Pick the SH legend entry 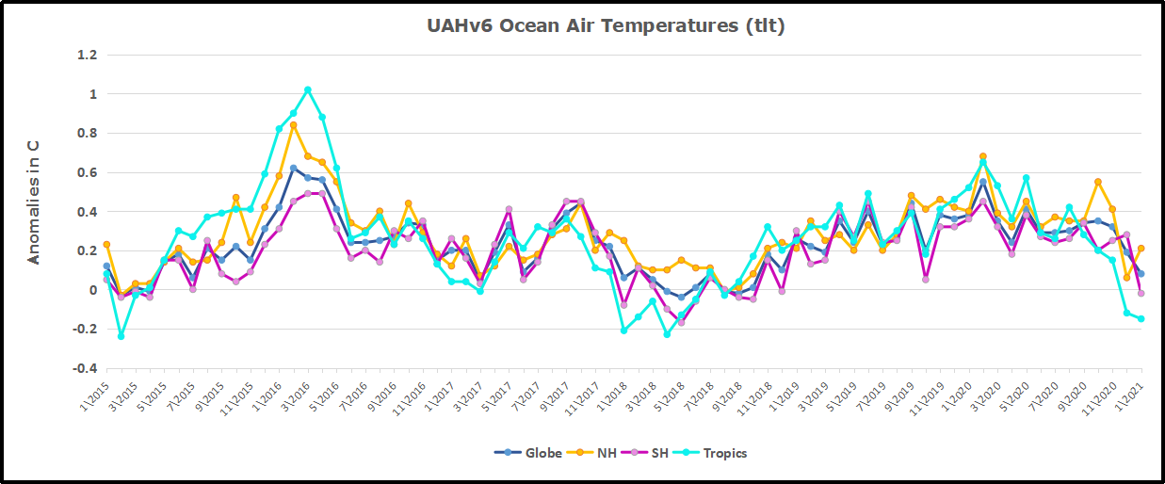coord(652,453)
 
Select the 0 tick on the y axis coord(92,290)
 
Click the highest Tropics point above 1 coord(308,90)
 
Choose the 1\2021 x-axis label coord(1130,392)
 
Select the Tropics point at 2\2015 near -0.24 coord(121,336)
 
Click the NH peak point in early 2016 coord(294,125)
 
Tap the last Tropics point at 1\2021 coord(1141,319)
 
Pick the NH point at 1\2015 coord(106,245)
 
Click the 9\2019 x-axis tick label coord(901,392)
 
